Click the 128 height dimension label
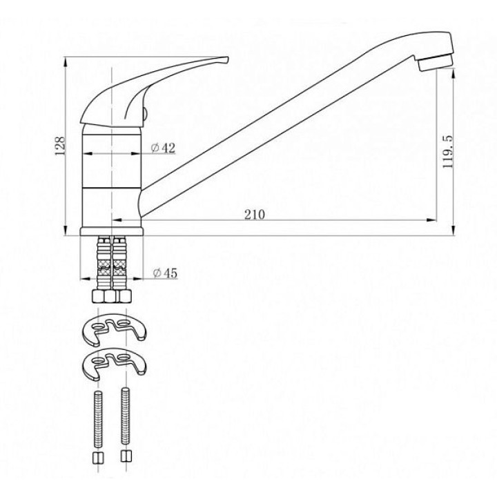(59, 146)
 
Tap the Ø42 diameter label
(163, 148)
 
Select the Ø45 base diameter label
(165, 273)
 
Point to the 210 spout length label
(255, 215)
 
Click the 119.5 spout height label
(448, 151)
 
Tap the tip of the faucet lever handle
(228, 58)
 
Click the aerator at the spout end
(436, 62)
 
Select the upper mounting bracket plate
(114, 329)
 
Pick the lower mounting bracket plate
(114, 364)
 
